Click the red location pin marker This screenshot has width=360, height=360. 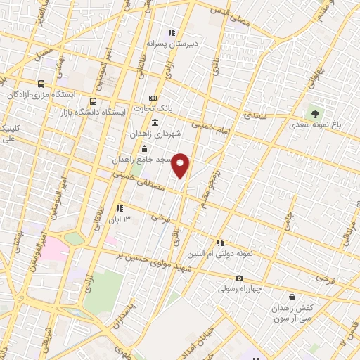pos(181,165)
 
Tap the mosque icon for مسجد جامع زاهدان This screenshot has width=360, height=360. pos(144,148)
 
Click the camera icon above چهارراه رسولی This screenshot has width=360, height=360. pos(240,278)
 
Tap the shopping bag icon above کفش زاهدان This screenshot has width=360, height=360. pos(291,297)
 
